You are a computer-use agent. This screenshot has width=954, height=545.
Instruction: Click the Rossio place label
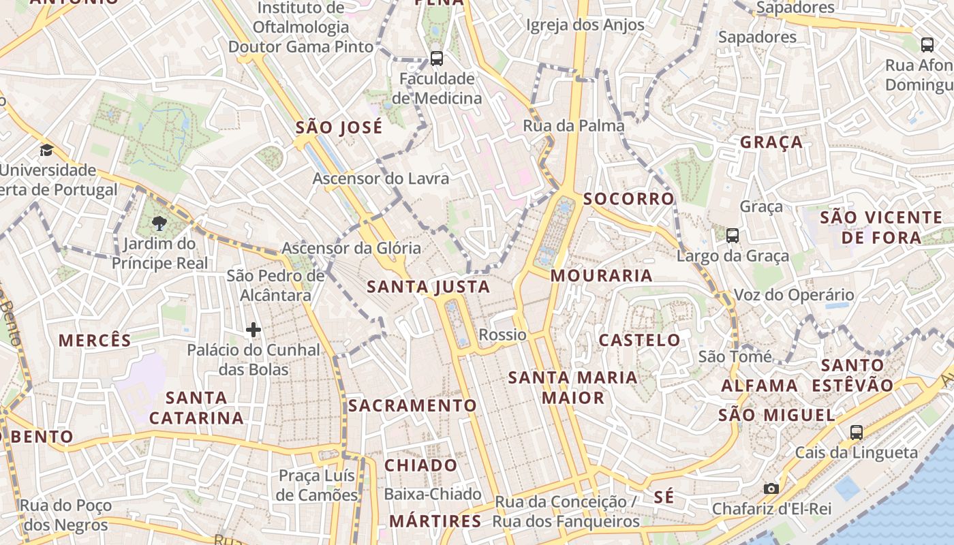[x=502, y=334]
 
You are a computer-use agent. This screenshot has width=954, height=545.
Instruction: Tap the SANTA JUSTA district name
[x=428, y=287]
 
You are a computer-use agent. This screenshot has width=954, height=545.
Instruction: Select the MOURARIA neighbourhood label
[x=601, y=276]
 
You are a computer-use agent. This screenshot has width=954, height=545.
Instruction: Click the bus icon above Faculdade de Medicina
[x=436, y=59]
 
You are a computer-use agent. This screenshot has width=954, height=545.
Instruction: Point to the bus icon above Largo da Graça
[x=733, y=236]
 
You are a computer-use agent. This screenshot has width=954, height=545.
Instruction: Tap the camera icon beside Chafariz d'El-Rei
[x=771, y=488]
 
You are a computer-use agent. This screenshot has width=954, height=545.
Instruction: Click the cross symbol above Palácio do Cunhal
[x=253, y=330]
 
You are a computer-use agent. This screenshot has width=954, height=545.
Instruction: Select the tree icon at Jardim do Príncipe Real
[x=159, y=223]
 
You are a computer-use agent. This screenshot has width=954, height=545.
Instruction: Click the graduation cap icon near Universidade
[x=46, y=150]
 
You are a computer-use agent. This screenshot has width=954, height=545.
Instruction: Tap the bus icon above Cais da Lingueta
[x=856, y=432]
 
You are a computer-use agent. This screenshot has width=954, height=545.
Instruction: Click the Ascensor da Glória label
[x=351, y=248]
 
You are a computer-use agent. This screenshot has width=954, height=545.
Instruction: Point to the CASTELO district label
[x=639, y=340]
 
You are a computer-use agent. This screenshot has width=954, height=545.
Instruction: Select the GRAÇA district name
[x=771, y=142]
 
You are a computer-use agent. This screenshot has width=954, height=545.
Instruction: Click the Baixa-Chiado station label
[x=433, y=494]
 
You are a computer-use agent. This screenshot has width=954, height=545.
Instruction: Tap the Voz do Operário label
[x=793, y=295]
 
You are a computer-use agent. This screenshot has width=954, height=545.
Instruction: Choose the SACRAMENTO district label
[x=412, y=405]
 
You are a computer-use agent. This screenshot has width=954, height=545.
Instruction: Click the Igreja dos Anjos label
[x=585, y=25]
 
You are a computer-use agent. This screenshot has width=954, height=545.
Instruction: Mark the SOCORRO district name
[x=628, y=199]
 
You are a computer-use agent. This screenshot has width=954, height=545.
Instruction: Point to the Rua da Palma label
[x=573, y=125]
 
